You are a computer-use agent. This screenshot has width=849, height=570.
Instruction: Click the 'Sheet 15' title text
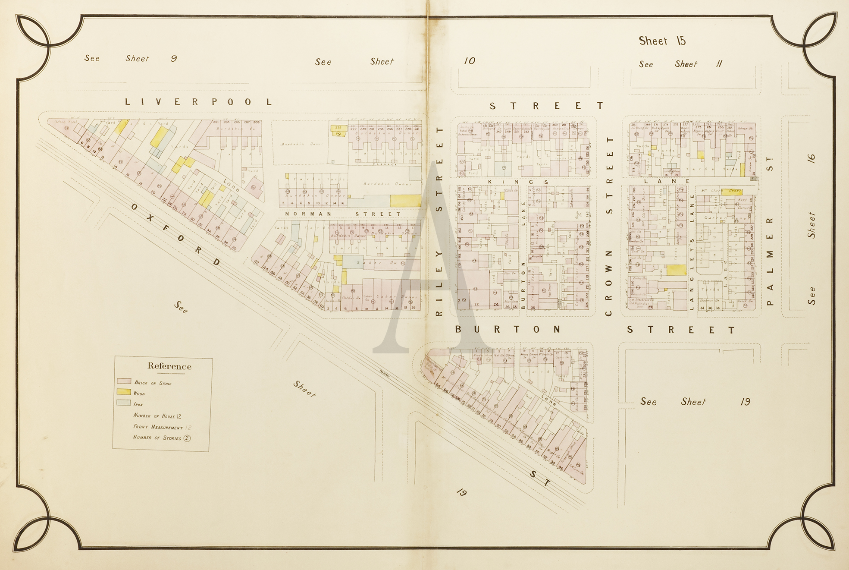pos(662,41)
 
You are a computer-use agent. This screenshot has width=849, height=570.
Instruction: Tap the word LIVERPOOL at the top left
pos(199,102)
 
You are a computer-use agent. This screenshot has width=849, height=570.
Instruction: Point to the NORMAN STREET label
pos(343,214)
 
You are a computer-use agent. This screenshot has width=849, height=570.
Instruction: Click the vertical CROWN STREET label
pos(609,227)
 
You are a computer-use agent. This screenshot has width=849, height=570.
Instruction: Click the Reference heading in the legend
pos(169,366)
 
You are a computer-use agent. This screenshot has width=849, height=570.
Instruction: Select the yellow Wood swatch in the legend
pos(124,392)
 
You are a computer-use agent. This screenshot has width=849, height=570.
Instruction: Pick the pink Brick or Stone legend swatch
pos(124,381)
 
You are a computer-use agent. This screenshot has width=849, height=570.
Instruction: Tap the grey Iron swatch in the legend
pos(124,403)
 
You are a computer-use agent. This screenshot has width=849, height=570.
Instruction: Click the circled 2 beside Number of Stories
pos(187,438)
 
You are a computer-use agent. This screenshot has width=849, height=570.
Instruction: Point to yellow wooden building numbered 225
pos(338,129)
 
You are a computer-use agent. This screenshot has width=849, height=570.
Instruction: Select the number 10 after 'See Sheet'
pos(470,61)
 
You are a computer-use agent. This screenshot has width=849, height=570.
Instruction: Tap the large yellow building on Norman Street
pos(405,201)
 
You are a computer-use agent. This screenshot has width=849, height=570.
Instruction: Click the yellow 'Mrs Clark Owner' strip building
pos(732,192)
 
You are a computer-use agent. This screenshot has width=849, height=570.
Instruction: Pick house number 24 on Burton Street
pos(496,305)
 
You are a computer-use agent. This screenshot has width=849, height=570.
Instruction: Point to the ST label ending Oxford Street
pos(540,479)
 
